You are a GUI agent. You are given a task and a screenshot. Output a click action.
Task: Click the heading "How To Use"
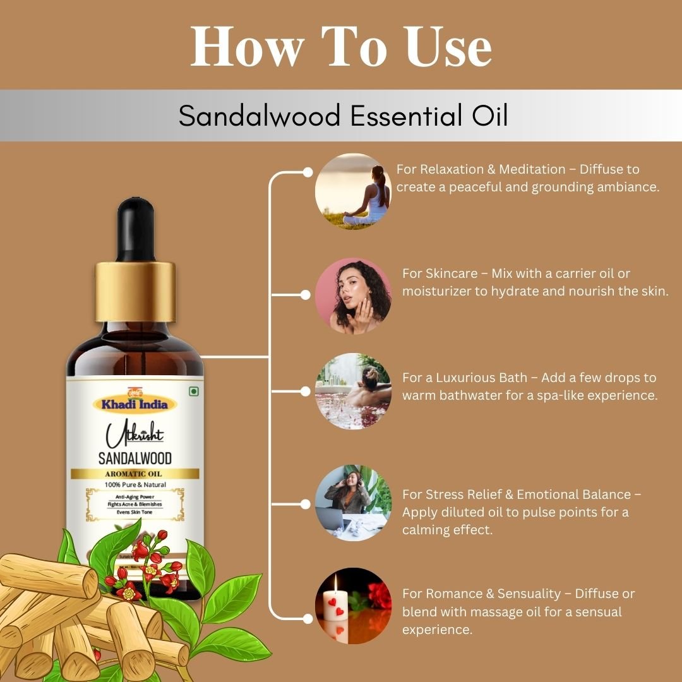click(x=341, y=47)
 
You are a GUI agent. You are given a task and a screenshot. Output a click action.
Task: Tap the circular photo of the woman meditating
click(x=353, y=191)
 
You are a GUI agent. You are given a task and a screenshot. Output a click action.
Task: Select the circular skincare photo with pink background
click(x=353, y=295)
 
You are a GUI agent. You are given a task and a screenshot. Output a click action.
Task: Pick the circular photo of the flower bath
click(x=353, y=391)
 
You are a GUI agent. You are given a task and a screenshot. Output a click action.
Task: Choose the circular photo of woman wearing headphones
click(x=353, y=503)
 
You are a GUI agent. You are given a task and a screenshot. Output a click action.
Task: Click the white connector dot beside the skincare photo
click(x=306, y=295)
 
